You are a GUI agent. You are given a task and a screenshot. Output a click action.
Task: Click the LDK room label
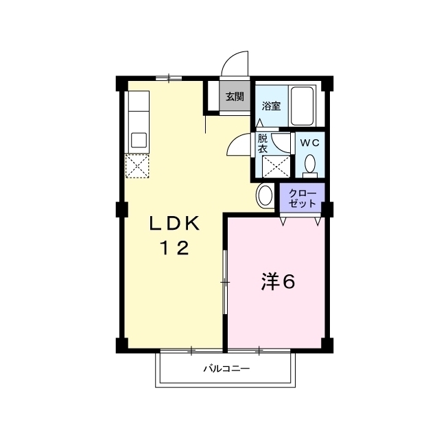[175, 223]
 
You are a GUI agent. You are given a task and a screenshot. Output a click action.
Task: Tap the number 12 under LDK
[174, 248]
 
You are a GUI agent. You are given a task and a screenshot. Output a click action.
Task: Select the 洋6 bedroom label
[278, 282]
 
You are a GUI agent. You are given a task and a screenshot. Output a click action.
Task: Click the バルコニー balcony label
[226, 368]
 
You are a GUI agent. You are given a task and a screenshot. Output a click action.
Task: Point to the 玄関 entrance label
[235, 97]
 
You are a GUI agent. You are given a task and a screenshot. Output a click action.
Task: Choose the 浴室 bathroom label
[271, 106]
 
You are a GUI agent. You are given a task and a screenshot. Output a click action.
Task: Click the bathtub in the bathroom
[302, 106]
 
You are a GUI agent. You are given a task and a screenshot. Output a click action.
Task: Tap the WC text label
[310, 143]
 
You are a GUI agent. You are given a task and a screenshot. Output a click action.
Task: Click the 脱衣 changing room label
[262, 143]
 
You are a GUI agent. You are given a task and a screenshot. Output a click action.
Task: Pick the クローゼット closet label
[302, 198]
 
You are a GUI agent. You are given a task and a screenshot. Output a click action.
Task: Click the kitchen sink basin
[139, 140]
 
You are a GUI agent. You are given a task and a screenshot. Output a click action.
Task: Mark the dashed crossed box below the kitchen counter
[137, 166]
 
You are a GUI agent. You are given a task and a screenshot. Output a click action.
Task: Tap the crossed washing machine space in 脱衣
[276, 167]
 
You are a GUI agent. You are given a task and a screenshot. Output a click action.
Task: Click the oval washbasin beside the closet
[265, 195]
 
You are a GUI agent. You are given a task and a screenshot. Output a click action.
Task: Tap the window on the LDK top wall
[169, 78]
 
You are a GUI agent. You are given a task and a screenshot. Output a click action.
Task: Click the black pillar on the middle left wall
[122, 209]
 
